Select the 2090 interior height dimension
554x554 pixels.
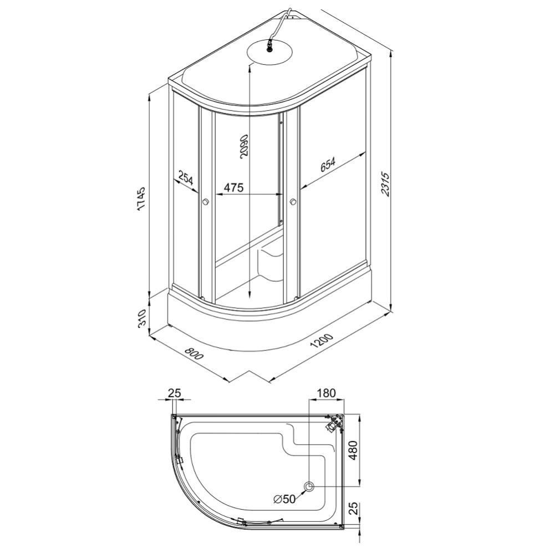pos(244,146)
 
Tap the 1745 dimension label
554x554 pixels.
pos(141,199)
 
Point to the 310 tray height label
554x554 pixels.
pos(141,318)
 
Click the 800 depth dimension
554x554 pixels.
pos(194,353)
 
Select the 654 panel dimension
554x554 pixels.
pos(328,164)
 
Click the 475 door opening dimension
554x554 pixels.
pos(234,187)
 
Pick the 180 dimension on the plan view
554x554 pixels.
pos(326,393)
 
